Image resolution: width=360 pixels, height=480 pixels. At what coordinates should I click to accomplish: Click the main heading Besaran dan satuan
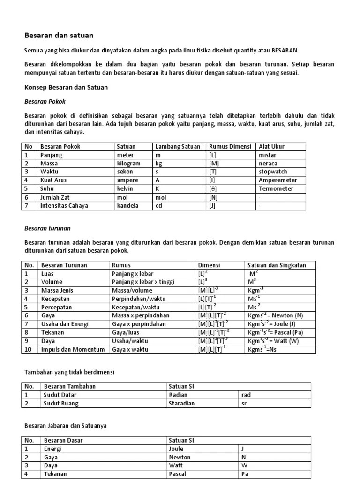(x=59, y=35)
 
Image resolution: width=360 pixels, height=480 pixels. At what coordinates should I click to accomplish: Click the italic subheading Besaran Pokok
(x=45, y=101)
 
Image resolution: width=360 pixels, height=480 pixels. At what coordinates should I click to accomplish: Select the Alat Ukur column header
(x=271, y=146)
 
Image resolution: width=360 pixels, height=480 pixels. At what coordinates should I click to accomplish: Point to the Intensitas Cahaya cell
(x=64, y=205)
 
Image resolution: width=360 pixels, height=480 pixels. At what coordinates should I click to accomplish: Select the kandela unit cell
(x=127, y=205)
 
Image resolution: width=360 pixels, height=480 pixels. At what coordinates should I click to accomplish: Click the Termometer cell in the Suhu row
(x=276, y=188)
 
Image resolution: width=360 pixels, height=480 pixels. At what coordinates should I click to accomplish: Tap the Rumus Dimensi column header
(x=230, y=146)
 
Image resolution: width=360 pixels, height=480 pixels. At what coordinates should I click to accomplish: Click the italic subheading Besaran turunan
(x=47, y=228)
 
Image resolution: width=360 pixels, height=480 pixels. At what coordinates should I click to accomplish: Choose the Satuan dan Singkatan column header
(x=277, y=265)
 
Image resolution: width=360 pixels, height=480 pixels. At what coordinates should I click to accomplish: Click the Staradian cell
(x=181, y=403)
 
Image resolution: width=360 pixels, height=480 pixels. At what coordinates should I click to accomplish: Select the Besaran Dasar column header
(x=63, y=440)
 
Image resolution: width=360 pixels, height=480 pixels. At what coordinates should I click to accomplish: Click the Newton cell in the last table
(x=180, y=457)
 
